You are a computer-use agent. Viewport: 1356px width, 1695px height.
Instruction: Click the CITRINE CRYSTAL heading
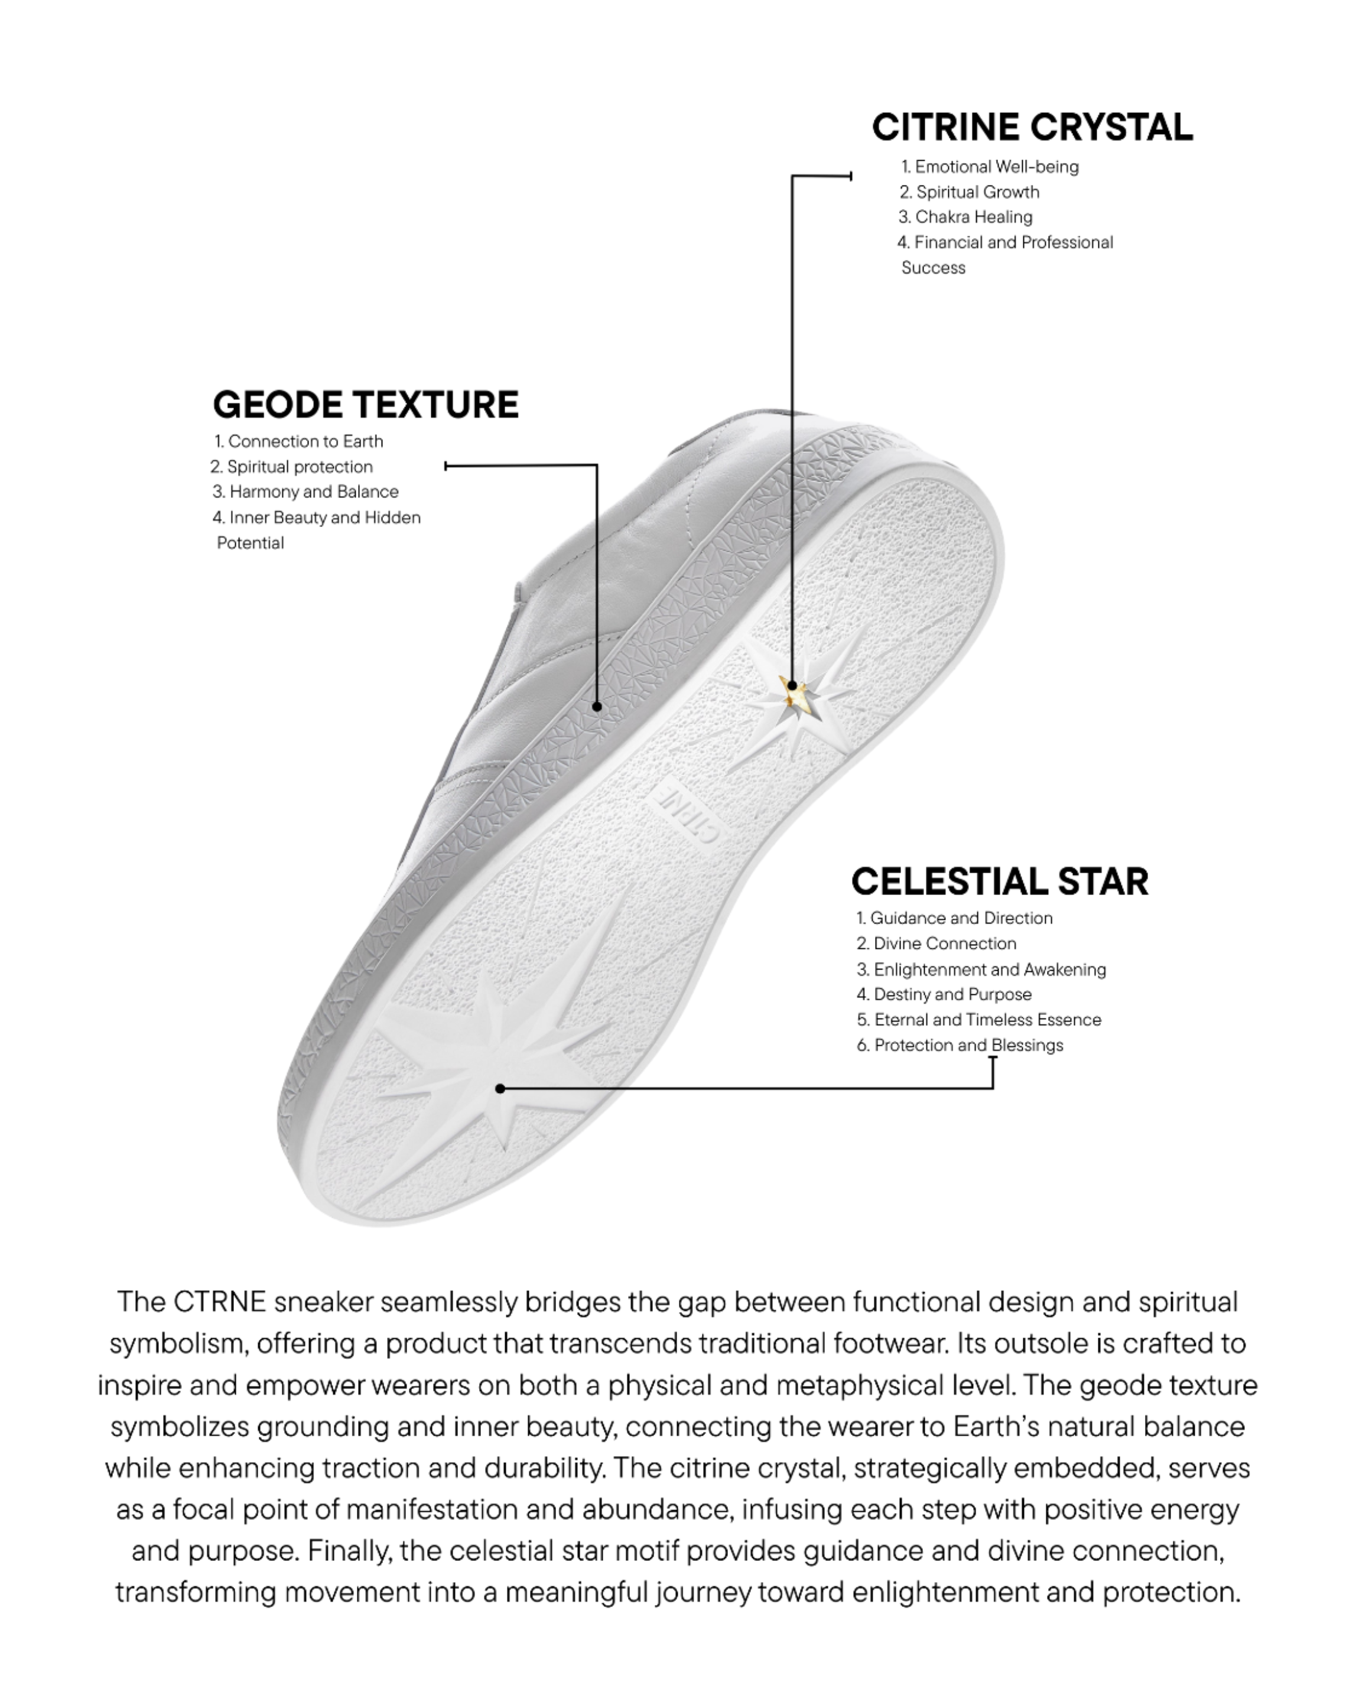1032,128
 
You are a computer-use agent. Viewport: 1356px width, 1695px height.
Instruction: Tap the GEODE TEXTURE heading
366,405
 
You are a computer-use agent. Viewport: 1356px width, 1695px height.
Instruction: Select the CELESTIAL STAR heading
999,881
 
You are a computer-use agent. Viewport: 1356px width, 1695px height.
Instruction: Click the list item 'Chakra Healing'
965,217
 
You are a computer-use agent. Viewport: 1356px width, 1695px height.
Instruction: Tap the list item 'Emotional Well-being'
990,167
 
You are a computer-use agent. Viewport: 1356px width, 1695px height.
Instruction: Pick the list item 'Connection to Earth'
299,441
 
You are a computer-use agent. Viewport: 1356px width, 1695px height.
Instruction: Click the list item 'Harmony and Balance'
306,492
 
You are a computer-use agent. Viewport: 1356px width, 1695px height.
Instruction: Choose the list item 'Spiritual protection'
292,466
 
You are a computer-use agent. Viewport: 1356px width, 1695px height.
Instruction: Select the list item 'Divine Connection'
937,944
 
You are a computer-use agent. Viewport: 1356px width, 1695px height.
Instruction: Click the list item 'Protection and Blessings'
961,1045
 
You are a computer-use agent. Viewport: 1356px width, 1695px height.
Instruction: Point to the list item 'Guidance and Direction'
955,918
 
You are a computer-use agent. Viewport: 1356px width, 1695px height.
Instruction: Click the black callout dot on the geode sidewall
597,707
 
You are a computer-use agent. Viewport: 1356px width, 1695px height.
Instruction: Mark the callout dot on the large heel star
500,1088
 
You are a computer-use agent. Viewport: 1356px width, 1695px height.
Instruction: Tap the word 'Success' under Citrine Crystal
933,267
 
